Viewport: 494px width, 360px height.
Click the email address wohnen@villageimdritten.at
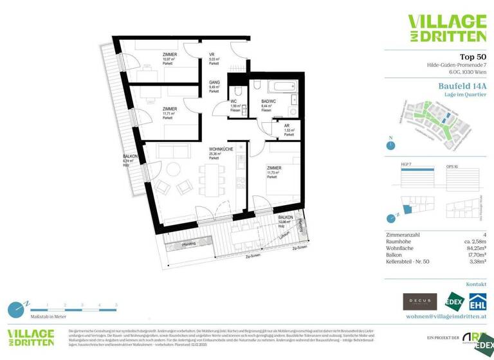coord(446,316)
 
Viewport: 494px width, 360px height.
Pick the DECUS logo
coord(419,301)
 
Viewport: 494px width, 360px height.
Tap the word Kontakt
coord(476,283)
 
